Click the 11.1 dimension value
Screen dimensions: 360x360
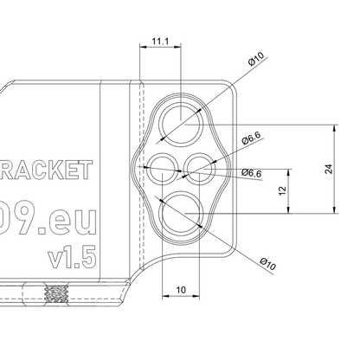(x=159, y=41)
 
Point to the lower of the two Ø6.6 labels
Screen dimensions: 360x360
(x=252, y=173)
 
